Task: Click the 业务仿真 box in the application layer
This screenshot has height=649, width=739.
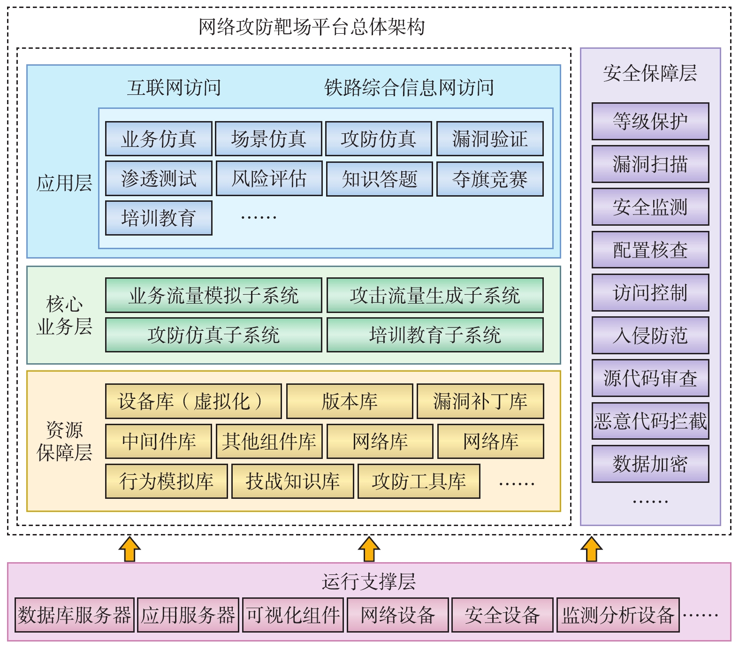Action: pyautogui.click(x=159, y=139)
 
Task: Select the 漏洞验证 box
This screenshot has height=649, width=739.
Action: pyautogui.click(x=490, y=139)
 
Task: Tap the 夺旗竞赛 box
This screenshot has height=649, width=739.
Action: pyautogui.click(x=490, y=179)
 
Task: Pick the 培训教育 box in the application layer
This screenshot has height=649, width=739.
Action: pyautogui.click(x=159, y=218)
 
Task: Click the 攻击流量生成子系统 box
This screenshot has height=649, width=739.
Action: pyautogui.click(x=435, y=295)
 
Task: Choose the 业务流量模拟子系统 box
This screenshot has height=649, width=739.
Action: pyautogui.click(x=213, y=295)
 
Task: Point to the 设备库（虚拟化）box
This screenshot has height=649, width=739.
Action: pyautogui.click(x=193, y=401)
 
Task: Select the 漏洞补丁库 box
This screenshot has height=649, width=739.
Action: pyautogui.click(x=480, y=401)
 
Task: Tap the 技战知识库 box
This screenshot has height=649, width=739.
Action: pyautogui.click(x=293, y=481)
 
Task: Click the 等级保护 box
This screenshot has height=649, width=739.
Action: pyautogui.click(x=650, y=122)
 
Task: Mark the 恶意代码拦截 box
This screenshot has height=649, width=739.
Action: pyautogui.click(x=650, y=421)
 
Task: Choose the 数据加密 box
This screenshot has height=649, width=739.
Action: pyautogui.click(x=650, y=464)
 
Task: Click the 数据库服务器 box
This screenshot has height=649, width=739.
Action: pyautogui.click(x=75, y=615)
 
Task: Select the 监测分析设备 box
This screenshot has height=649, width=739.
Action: pyautogui.click(x=618, y=615)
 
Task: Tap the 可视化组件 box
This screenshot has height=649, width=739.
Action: pyautogui.click(x=293, y=615)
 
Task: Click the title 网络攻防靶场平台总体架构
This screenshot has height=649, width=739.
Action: pyautogui.click(x=312, y=27)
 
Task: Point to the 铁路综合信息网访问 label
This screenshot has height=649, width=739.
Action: pyautogui.click(x=409, y=88)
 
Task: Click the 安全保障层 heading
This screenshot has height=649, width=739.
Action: pyautogui.click(x=650, y=73)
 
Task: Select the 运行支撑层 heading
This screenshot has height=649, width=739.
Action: pyautogui.click(x=369, y=581)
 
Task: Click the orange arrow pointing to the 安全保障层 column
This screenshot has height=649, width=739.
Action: pyautogui.click(x=591, y=549)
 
